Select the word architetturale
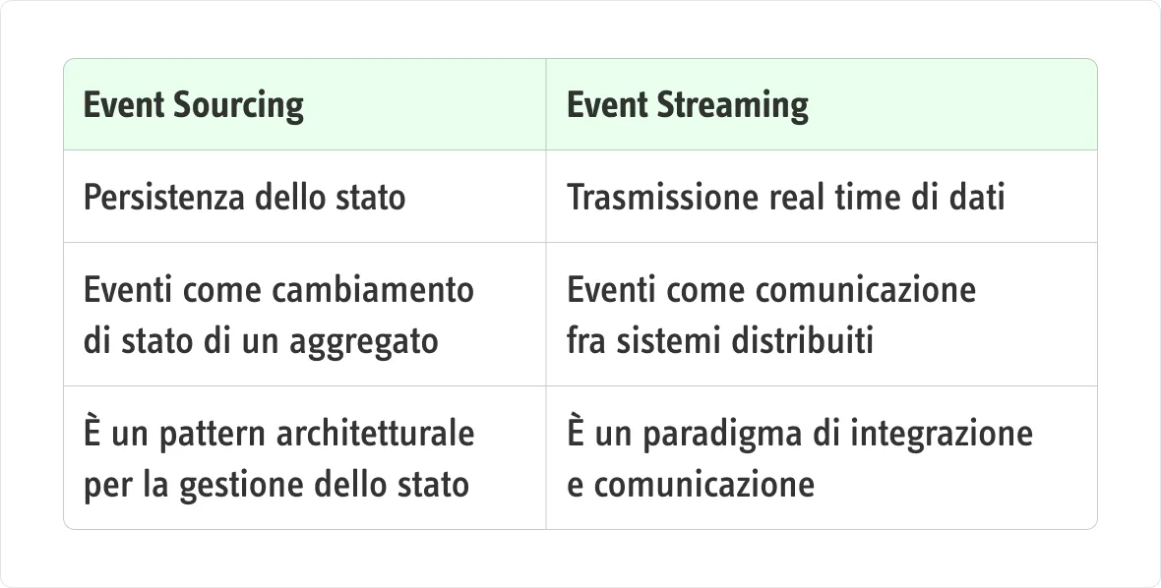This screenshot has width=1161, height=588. (375, 434)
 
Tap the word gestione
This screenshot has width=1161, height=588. (242, 486)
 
